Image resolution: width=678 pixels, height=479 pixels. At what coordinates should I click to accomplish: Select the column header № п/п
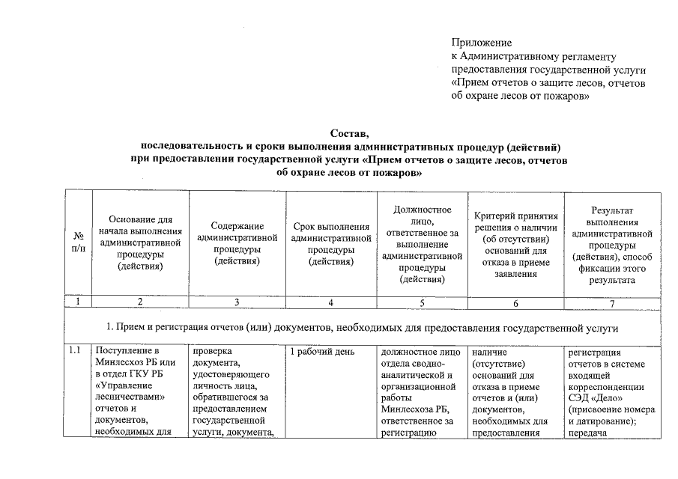(78, 242)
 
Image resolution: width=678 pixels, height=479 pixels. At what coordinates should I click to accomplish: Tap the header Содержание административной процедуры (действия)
(237, 242)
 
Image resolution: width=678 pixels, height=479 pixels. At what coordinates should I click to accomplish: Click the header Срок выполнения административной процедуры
(330, 243)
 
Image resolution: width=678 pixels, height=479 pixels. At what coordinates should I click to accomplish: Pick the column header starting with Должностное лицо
(422, 242)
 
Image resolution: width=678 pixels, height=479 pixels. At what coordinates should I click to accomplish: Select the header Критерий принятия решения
(514, 242)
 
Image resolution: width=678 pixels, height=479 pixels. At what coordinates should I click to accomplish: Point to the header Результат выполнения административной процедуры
(612, 242)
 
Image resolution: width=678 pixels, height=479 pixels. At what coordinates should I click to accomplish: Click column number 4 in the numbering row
(330, 302)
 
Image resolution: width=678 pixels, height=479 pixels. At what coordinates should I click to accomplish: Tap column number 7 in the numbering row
(612, 302)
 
